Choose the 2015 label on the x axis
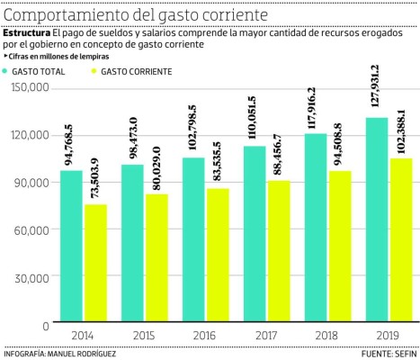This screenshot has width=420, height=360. click(x=144, y=335)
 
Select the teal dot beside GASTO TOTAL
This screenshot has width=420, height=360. click(x=8, y=69)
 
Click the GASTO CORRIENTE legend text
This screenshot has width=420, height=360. click(x=137, y=69)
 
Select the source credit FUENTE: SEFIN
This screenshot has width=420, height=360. click(x=388, y=353)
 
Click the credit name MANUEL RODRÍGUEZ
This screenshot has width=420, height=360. click(x=85, y=353)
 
